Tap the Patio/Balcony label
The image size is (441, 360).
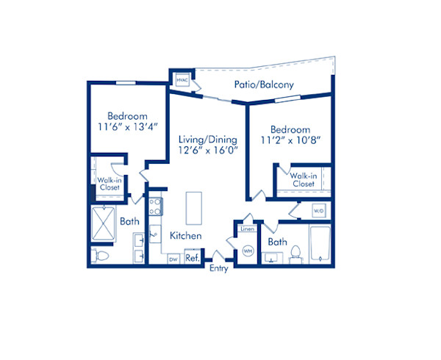tap(264, 84)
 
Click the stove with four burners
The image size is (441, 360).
tap(155, 206)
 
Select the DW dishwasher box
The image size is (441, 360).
tap(173, 259)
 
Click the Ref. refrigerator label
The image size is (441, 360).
tap(192, 258)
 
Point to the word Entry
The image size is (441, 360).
tap(218, 269)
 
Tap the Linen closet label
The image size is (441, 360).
tap(247, 229)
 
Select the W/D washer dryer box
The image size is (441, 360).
tap(318, 211)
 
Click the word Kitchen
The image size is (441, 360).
tap(185, 236)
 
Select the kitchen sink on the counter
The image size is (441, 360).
tap(154, 236)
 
